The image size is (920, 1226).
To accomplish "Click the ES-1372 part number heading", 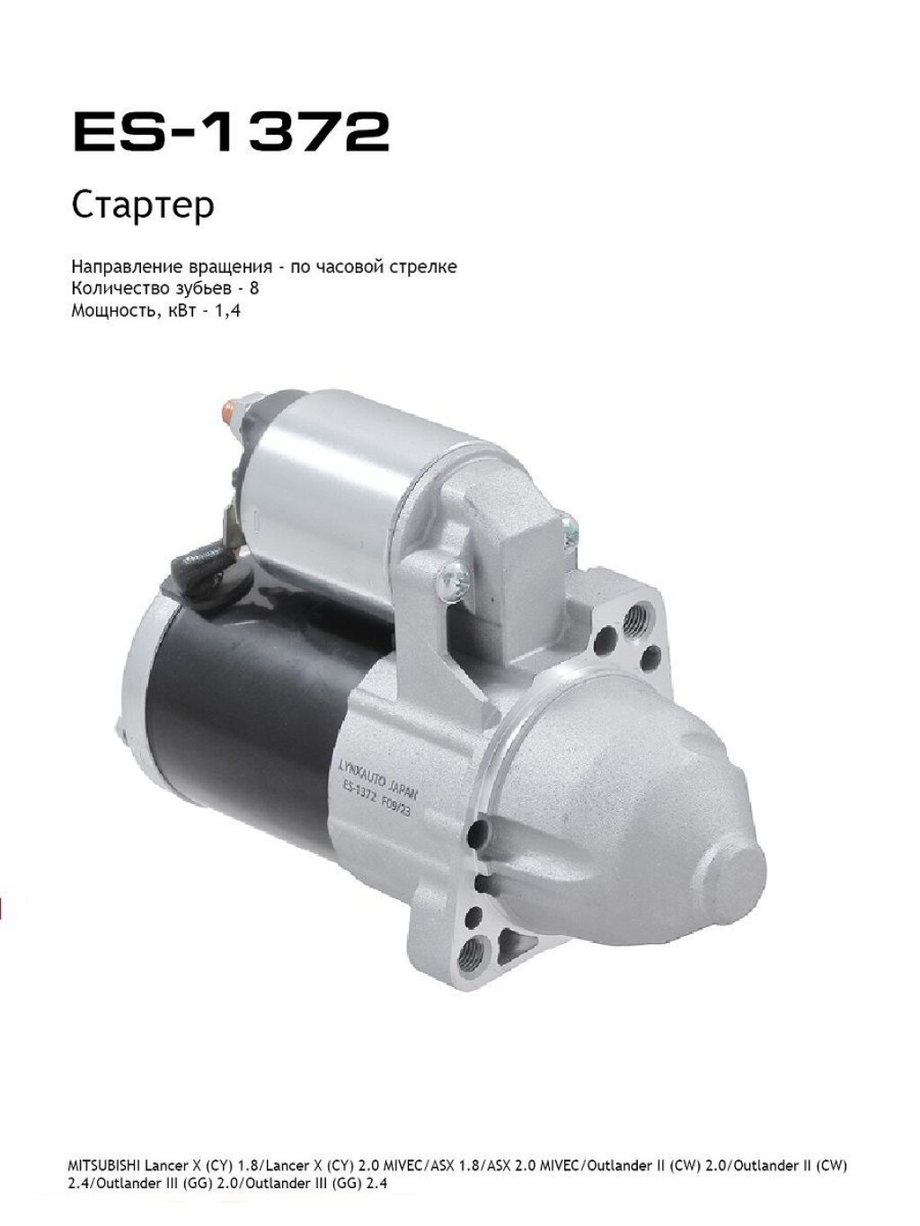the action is click(x=232, y=131).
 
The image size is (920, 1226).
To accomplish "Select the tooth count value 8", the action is click(x=254, y=289).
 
